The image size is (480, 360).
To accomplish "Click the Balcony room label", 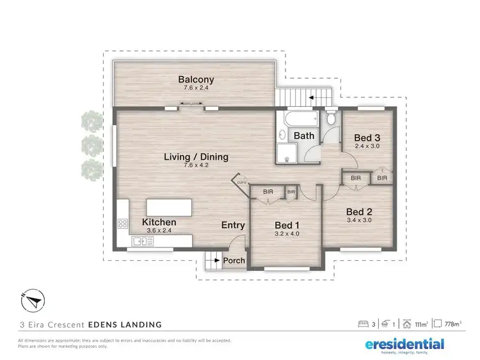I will click(196, 81).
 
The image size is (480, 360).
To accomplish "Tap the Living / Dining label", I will click(196, 157).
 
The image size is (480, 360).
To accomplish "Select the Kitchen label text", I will click(159, 223).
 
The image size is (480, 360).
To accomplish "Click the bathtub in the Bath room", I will click(298, 120).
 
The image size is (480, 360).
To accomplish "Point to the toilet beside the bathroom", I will click(331, 120).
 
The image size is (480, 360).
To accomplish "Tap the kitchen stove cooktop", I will click(123, 224).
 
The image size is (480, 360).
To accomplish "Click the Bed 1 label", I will click(286, 225).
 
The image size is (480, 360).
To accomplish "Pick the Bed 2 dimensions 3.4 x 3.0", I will click(359, 220).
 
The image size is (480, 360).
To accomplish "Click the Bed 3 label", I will click(367, 138).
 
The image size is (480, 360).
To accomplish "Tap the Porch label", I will click(233, 261).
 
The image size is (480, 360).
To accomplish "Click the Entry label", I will click(233, 225).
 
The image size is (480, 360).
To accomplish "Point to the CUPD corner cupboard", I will click(241, 181).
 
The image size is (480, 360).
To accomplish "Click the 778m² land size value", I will click(452, 324).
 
